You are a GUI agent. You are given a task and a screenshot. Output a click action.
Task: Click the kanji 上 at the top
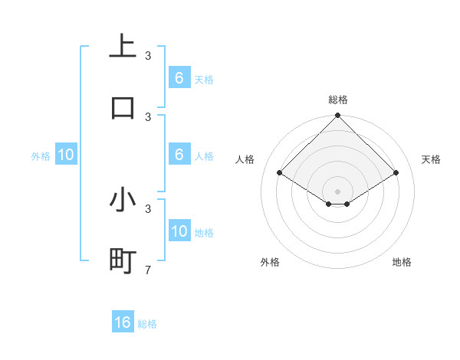click(123, 45)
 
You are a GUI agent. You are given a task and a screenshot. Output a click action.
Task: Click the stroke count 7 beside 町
click(148, 270)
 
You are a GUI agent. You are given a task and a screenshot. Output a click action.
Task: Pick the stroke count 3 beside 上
click(148, 55)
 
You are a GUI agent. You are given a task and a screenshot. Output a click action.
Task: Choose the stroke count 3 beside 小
click(148, 208)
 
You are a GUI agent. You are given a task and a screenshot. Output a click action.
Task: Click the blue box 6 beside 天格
click(179, 78)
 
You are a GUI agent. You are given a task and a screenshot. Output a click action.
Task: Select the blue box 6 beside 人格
click(179, 155)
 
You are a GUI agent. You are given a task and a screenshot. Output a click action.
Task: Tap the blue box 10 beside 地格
click(179, 231)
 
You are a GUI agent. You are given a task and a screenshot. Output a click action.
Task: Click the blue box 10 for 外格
click(66, 155)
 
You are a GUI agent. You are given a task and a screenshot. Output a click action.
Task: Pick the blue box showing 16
click(123, 322)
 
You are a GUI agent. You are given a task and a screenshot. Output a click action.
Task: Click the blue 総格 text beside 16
click(147, 324)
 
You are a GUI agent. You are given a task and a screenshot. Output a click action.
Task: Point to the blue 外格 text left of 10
click(41, 156)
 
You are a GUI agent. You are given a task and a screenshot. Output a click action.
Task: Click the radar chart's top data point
click(337, 116)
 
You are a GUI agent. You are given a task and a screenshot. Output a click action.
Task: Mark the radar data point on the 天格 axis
click(396, 172)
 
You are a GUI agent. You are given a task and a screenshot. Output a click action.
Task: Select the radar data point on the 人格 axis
click(279, 172)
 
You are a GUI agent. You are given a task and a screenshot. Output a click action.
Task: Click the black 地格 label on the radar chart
click(402, 262)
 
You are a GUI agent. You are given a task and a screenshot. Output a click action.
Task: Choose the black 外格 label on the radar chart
click(270, 262)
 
